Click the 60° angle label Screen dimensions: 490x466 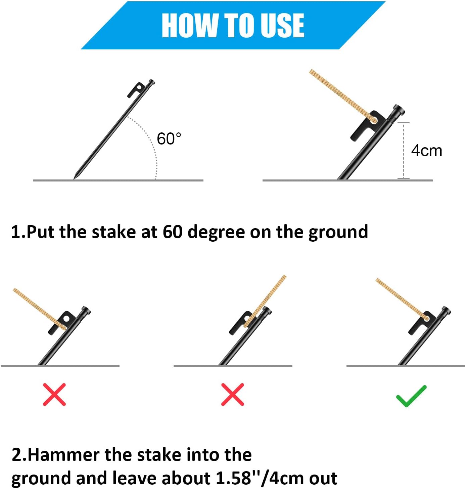pyautogui.click(x=169, y=139)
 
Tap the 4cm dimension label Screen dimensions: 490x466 pyautogui.click(x=426, y=151)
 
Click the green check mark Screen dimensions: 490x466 pyautogui.click(x=411, y=396)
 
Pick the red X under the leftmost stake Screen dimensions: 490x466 pyautogui.click(x=54, y=394)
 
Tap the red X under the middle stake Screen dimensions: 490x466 pyautogui.click(x=232, y=394)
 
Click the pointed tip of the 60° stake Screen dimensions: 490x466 pyautogui.click(x=75, y=178)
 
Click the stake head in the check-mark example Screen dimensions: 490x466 pyautogui.click(x=446, y=311)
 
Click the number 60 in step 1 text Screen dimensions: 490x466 pyautogui.click(x=173, y=232)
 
